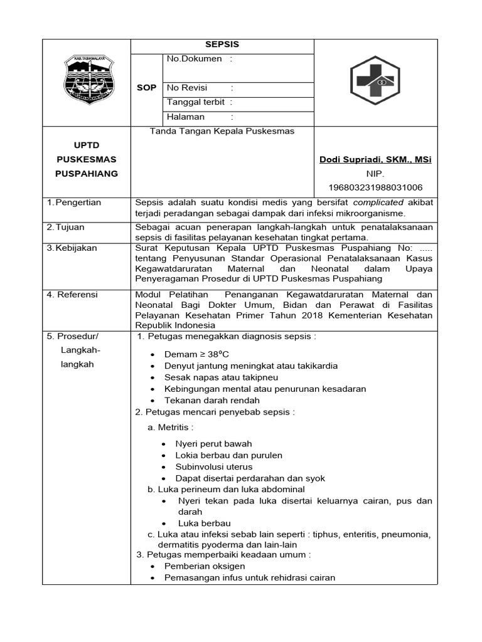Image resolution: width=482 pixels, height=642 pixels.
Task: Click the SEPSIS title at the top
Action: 222,45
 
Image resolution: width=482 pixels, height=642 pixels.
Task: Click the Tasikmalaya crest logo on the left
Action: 87,82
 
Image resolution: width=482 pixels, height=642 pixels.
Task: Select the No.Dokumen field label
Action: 194,59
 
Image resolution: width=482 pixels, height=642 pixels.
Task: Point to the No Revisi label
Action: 187,88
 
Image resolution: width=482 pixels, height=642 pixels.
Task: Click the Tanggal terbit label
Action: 195,102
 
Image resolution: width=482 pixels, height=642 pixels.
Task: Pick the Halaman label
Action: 185,117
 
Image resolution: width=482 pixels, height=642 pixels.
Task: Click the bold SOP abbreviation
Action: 146,88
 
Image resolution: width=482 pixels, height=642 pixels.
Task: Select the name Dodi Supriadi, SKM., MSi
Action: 375,160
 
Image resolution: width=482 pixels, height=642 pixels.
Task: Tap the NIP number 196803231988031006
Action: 375,187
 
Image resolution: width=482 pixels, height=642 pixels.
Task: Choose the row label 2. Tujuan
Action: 67,226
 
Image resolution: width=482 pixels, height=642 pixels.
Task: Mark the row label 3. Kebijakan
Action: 72,248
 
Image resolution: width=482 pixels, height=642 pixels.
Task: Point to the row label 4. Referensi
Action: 73,294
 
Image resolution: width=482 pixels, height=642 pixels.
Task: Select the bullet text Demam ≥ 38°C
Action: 196,354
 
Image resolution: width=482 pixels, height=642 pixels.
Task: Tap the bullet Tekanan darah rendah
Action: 212,400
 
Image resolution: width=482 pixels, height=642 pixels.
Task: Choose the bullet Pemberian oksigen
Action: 205,566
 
